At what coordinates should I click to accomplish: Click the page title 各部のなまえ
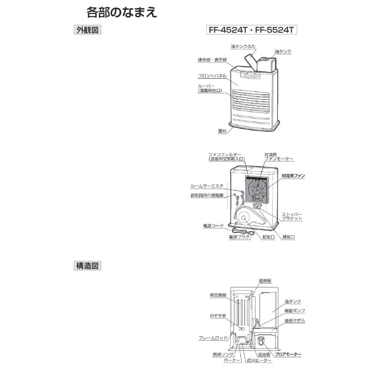point(122,12)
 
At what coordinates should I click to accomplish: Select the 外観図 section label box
point(87,30)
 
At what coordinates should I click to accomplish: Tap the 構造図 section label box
point(87,266)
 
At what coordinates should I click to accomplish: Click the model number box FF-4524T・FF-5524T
point(252,30)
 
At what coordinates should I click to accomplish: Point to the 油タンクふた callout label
point(243,46)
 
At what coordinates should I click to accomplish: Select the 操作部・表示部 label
point(212,60)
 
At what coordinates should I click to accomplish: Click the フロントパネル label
point(212,76)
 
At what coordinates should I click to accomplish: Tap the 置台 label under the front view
point(222,131)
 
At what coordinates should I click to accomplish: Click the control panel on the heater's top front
point(250,75)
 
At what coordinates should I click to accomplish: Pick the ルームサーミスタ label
point(207,186)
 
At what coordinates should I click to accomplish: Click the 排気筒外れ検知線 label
point(207,195)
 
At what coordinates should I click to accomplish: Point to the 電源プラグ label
point(239,237)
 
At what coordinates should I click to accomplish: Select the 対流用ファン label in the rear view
point(293,176)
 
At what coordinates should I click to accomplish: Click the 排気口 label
point(288,237)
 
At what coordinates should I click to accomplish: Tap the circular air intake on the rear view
point(245,218)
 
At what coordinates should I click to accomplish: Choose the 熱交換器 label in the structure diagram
point(218,295)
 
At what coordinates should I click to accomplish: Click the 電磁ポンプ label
point(295,311)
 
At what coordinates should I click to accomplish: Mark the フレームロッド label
point(213,338)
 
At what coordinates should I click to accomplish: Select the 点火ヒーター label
point(259,361)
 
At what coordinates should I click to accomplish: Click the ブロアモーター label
point(288,354)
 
